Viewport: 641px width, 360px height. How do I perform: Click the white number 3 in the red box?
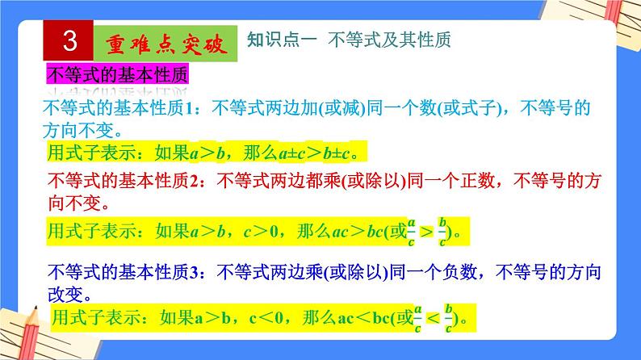tap(69, 41)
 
